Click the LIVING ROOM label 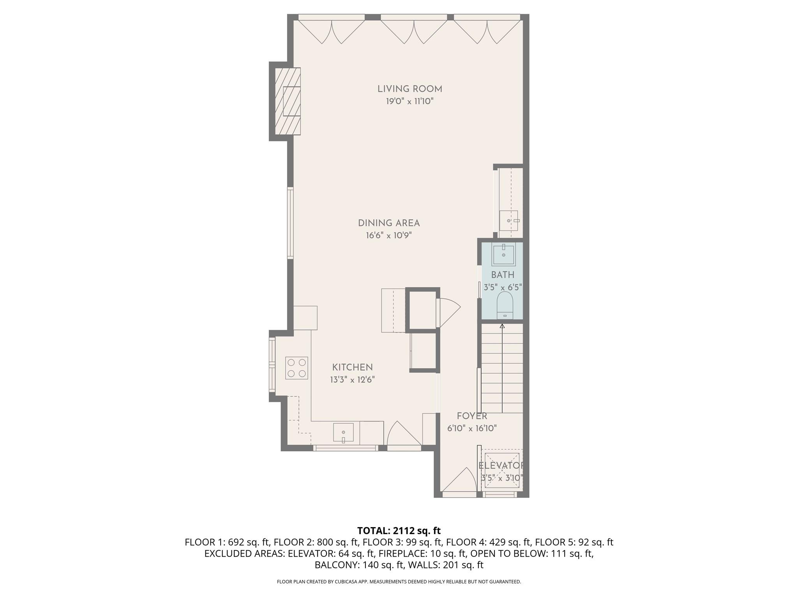click(x=410, y=89)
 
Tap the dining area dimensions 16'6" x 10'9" click(x=388, y=236)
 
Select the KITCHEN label click(x=352, y=367)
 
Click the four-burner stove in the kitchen click(x=297, y=368)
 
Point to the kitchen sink click(x=343, y=433)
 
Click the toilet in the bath click(x=505, y=305)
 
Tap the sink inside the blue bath click(x=503, y=254)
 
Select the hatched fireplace click(x=288, y=101)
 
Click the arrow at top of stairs click(x=502, y=326)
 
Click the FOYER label click(x=472, y=416)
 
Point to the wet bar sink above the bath click(x=509, y=221)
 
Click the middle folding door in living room click(x=413, y=31)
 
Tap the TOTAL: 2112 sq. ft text click(x=399, y=531)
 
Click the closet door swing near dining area click(x=448, y=312)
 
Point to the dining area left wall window click(x=290, y=223)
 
